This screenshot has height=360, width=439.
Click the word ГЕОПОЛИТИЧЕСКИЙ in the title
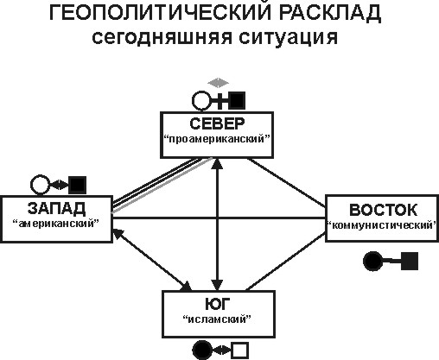(161, 13)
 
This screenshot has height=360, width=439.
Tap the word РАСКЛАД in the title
(330, 13)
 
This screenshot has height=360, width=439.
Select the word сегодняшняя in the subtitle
(162, 37)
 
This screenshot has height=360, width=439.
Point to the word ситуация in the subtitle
(288, 38)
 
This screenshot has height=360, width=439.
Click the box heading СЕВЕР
(217, 123)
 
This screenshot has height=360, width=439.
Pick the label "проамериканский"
(217, 139)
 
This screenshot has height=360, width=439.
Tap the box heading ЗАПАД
(56, 208)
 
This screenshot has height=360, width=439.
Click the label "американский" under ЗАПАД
(56, 223)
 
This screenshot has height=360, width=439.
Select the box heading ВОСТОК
(383, 210)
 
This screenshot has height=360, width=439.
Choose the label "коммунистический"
(382, 224)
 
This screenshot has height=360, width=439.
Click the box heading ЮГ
(218, 303)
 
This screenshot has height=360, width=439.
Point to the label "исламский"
(218, 319)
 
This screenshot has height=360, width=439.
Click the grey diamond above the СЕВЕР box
(219, 83)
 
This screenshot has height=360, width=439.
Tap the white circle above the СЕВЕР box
(201, 101)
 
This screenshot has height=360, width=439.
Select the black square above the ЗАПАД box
(78, 185)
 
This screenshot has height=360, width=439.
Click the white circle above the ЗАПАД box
(40, 185)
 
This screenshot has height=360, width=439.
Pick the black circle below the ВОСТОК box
(372, 262)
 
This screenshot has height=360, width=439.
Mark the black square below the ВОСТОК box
(410, 262)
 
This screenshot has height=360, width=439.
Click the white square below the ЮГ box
(240, 351)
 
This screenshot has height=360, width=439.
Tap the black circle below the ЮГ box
(202, 351)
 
